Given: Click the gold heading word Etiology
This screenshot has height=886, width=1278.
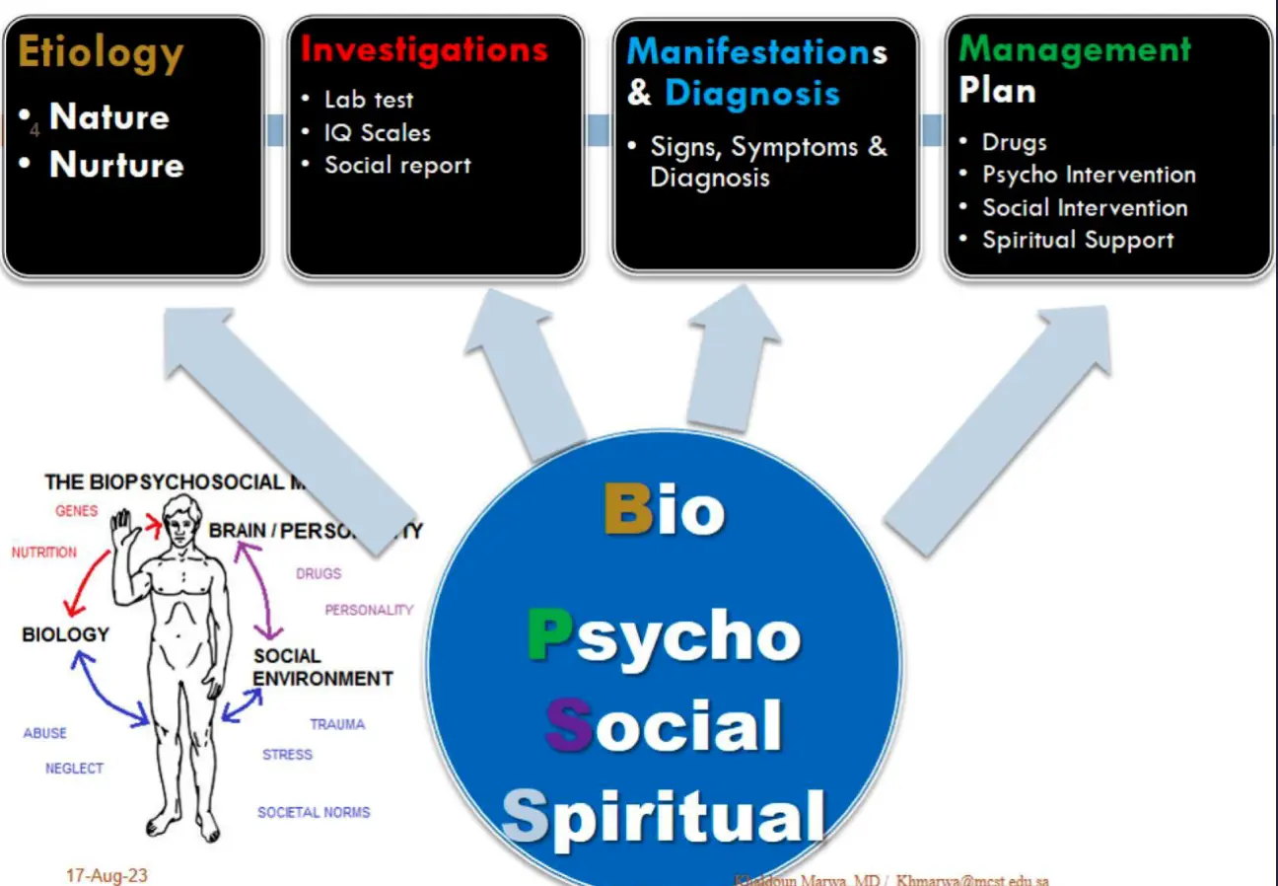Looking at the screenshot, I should (x=101, y=52).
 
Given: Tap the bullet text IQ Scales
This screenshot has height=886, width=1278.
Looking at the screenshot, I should (x=378, y=132).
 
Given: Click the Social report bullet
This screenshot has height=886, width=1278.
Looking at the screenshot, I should (x=397, y=166).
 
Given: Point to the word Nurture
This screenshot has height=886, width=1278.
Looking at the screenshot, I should (x=116, y=164).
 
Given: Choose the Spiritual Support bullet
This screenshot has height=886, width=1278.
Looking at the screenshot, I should (x=1078, y=240).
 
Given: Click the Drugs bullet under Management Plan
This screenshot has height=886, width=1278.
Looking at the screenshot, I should (x=1014, y=142).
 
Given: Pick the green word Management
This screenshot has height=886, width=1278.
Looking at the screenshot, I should (x=1075, y=49).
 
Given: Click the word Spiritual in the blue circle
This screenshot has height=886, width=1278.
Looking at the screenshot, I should (x=663, y=818).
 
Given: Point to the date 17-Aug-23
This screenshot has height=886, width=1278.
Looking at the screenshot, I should (x=106, y=875).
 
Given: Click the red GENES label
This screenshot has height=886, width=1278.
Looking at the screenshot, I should (x=77, y=511).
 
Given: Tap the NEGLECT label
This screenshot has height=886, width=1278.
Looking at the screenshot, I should (x=74, y=769).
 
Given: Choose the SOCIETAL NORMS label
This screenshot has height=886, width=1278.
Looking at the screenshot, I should (x=314, y=813).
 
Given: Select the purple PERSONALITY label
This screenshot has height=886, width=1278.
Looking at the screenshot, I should (x=369, y=610).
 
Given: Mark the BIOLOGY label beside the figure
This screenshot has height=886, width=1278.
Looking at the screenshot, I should (x=65, y=634).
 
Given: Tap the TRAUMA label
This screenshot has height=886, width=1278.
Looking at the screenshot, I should (x=337, y=724).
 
